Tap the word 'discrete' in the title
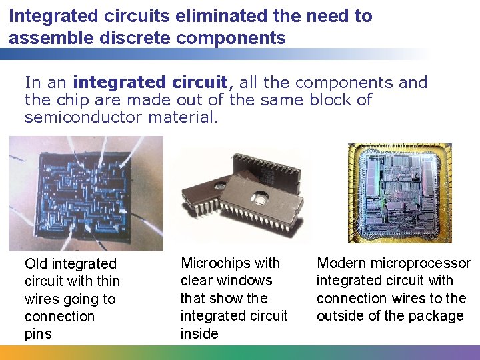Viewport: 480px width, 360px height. tap(121, 37)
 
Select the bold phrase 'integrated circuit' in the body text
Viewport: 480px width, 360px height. tap(151, 83)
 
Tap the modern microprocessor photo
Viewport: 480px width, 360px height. tap(409, 193)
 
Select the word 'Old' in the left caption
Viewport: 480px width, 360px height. tap(36, 264)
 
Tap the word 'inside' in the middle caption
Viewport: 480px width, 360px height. tap(199, 333)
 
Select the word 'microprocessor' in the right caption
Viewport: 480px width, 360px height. tap(422, 263)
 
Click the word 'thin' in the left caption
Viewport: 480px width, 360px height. tap(108, 281)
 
